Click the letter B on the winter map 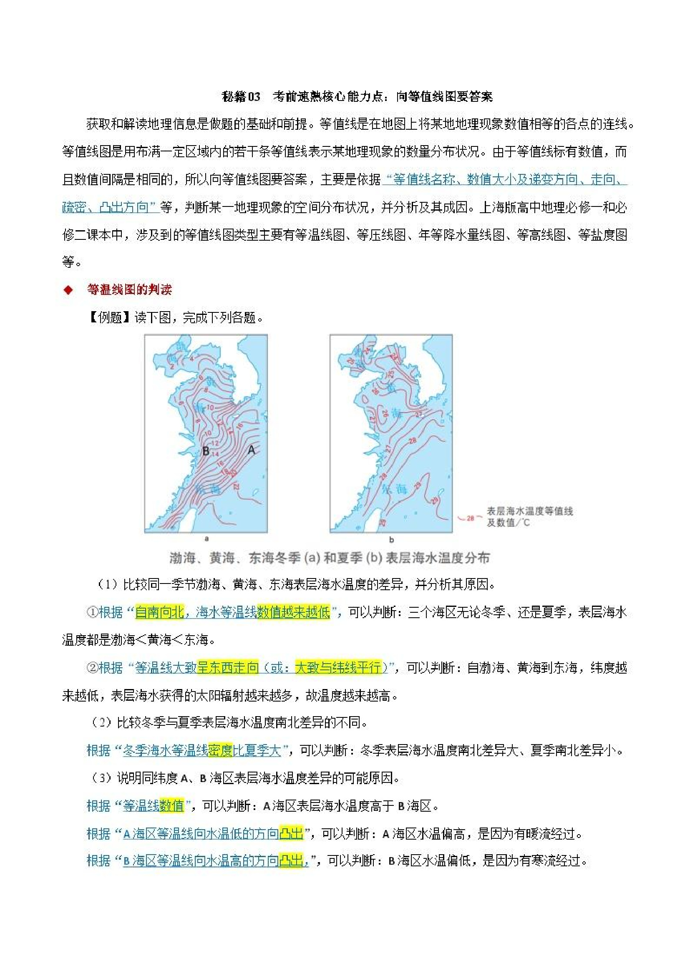point(206,450)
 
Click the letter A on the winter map point(251,449)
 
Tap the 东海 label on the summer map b point(395,489)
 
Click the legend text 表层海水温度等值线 point(530,511)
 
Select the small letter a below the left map point(206,538)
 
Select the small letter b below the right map point(392,539)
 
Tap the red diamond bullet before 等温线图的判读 point(68,290)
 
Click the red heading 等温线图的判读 point(129,290)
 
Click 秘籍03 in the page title point(241,97)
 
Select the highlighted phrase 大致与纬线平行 point(338,667)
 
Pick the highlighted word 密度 point(220,750)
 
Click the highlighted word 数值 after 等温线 point(171,805)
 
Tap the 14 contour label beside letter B point(215,454)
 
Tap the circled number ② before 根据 point(92,667)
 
